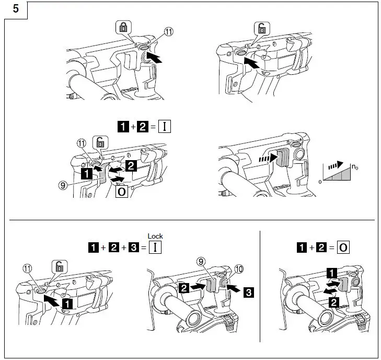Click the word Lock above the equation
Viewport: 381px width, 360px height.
tap(155, 237)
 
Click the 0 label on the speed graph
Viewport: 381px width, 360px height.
tap(319, 182)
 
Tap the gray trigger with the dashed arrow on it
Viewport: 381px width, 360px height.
tap(282, 157)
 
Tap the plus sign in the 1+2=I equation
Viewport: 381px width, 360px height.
tap(133, 127)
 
